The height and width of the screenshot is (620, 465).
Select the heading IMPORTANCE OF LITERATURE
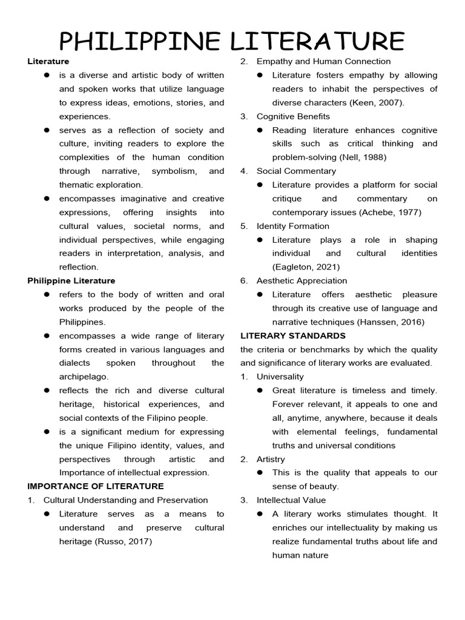pyautogui.click(x=96, y=486)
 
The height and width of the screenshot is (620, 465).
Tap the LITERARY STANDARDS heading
pyautogui.click(x=293, y=335)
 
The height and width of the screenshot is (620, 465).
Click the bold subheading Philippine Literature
pyautogui.click(x=71, y=281)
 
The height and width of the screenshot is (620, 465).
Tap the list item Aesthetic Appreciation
pyautogui.click(x=302, y=281)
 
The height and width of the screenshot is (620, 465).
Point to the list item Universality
pyautogui.click(x=280, y=377)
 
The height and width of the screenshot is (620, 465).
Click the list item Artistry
pyautogui.click(x=271, y=459)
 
